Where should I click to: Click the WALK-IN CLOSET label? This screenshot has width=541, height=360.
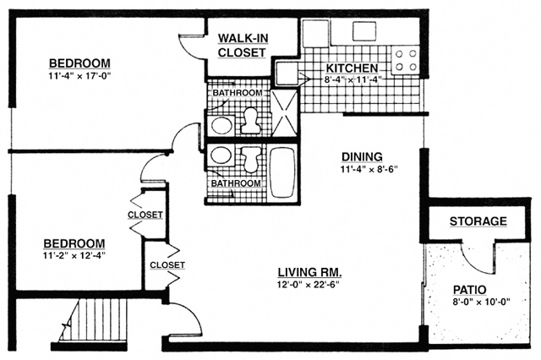[x=243, y=45]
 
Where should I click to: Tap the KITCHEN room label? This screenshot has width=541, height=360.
[x=352, y=68]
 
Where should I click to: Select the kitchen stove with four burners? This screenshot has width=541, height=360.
[x=406, y=60]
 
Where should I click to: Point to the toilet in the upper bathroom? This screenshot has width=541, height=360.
[x=249, y=121]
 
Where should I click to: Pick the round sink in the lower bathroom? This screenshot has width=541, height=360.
[x=221, y=155]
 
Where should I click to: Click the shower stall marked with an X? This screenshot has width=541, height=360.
[x=284, y=112]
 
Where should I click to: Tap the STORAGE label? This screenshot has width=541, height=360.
[x=478, y=221]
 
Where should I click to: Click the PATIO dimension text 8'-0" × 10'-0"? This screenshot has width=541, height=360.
[x=482, y=302]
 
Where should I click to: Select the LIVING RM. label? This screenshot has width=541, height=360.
[x=310, y=272]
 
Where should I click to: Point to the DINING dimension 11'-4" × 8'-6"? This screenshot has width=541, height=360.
[x=369, y=169]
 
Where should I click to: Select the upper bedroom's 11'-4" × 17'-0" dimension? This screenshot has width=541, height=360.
[x=80, y=76]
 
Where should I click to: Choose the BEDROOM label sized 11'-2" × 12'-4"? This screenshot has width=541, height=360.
[x=74, y=243]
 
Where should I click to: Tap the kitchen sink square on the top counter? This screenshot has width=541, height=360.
[x=364, y=31]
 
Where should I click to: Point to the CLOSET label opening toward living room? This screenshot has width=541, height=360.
[x=167, y=265]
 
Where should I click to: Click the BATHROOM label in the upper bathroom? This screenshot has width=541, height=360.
[x=238, y=93]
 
